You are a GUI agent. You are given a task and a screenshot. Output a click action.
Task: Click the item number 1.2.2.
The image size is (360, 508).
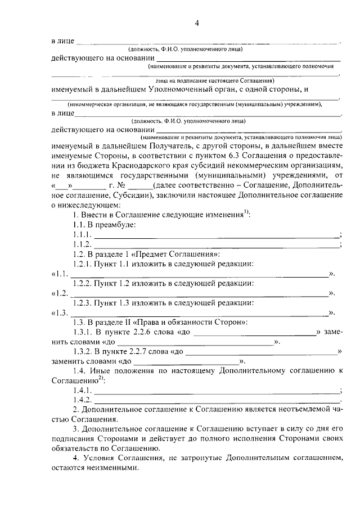point(82,283)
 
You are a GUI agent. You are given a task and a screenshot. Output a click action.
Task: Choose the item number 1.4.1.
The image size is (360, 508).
point(82,391)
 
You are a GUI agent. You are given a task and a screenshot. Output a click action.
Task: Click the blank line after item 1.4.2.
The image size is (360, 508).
point(217,401)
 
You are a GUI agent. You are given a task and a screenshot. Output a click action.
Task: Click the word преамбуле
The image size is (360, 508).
point(117,225)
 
